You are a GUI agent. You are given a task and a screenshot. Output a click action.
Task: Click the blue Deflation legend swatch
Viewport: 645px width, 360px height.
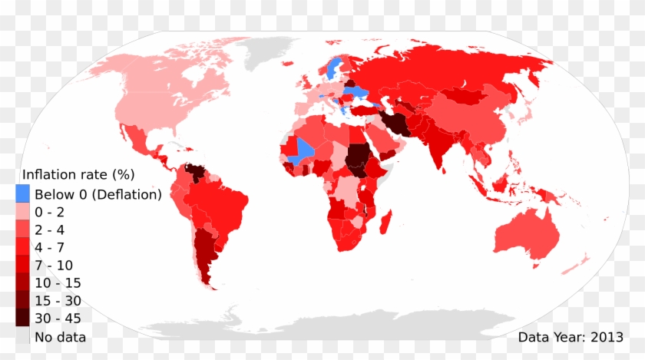(x=23, y=194)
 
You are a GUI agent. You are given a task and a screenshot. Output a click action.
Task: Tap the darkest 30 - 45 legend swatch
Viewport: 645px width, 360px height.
(x=23, y=318)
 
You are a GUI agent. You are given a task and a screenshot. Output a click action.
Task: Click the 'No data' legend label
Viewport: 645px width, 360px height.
(x=61, y=336)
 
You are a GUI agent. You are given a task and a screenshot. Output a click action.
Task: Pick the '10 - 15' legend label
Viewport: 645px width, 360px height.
(x=58, y=283)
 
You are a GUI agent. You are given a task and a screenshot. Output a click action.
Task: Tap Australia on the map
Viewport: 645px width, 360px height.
(x=527, y=234)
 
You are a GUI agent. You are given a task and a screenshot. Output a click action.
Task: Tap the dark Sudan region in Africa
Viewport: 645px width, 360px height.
(x=356, y=157)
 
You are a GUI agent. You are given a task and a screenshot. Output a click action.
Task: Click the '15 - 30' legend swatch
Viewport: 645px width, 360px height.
(x=23, y=300)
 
